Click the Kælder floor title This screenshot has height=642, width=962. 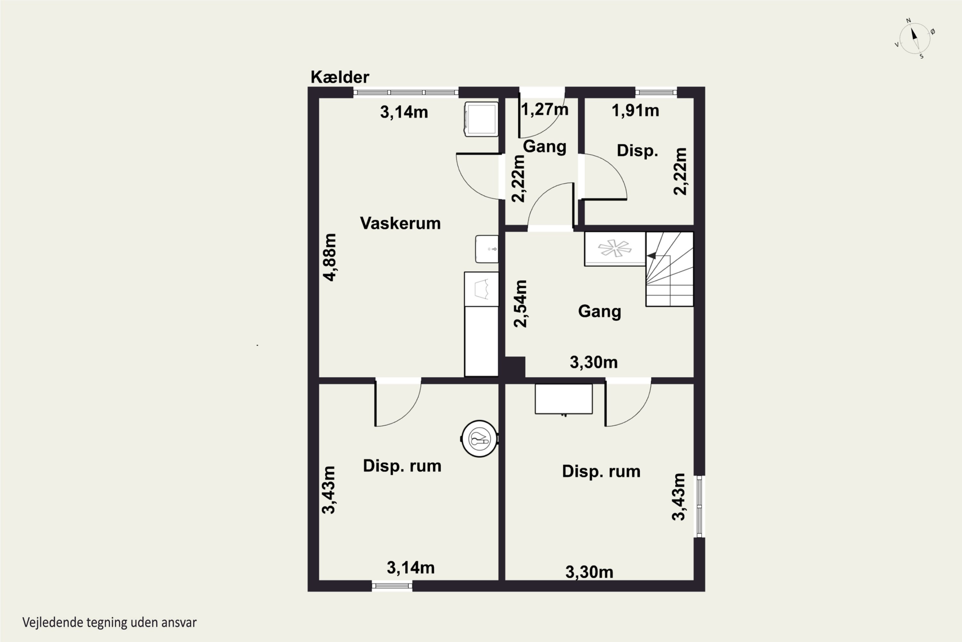pos(340,77)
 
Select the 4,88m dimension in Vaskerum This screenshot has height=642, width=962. pos(330,257)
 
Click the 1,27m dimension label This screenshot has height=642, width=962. pos(545,110)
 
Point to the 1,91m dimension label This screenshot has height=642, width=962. pos(635,110)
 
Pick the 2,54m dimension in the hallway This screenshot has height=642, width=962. pos(520,303)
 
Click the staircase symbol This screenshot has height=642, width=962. pos(670,269)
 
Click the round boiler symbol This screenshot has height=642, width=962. pos(480,438)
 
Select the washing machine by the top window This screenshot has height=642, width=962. pos(481,119)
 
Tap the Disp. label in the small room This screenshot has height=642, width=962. pos(637,151)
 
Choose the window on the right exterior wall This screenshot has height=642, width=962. pos(700,507)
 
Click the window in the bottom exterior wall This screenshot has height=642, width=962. pos(392,586)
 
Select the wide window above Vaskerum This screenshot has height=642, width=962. pos(406,92)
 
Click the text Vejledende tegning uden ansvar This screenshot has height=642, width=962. pos(110,623)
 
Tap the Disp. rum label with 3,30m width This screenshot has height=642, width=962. pos(601,471)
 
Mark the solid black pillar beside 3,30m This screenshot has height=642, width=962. pos(515,367)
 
